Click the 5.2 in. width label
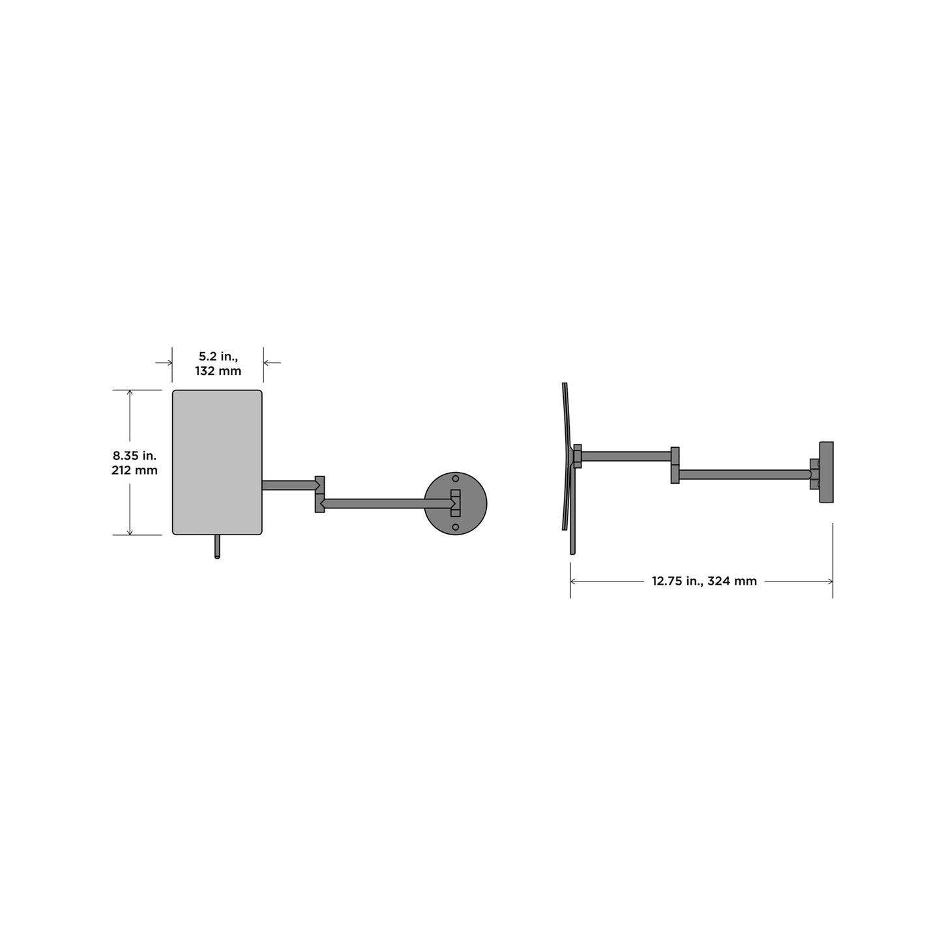[218, 357]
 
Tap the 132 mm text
[218, 371]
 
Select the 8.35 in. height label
[134, 456]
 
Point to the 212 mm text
[134, 470]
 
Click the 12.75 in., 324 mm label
[704, 581]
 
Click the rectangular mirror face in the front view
[217, 462]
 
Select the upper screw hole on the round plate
[455, 478]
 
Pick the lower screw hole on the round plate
[455, 527]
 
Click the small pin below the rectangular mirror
[217, 546]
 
